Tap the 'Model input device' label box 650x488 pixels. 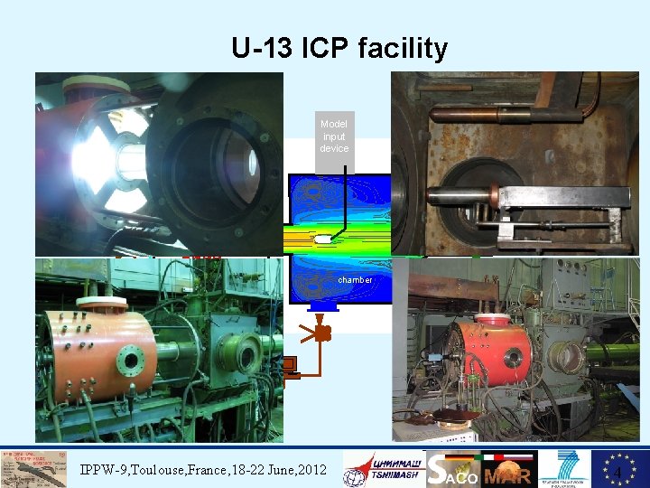tap(334, 136)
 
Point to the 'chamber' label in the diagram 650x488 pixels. tap(355, 280)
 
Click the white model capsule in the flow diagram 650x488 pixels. tap(323, 239)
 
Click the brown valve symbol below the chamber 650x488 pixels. tap(321, 333)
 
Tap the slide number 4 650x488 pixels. tap(617, 474)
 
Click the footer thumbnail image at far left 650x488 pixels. tap(34, 469)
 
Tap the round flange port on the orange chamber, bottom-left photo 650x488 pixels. tap(131, 361)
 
